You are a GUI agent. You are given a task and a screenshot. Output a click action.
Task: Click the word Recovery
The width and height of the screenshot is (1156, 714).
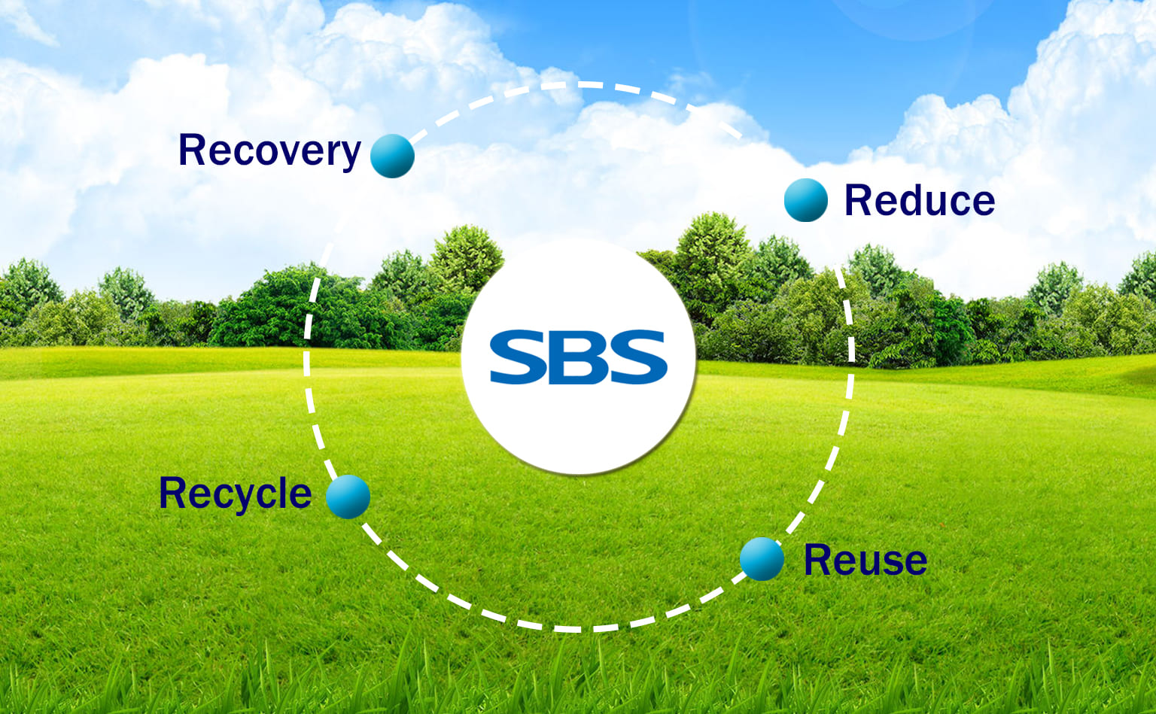coord(269,151)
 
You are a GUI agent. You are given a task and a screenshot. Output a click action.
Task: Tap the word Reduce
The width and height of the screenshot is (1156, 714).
coord(920,200)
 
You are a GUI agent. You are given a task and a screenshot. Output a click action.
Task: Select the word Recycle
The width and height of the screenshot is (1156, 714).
coord(236,494)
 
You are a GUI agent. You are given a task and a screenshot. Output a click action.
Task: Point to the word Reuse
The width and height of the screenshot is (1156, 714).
coord(865,559)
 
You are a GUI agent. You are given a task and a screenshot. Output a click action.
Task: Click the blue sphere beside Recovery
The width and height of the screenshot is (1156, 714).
coord(392,156)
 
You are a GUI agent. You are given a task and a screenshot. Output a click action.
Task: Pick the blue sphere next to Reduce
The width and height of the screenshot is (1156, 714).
coord(805,200)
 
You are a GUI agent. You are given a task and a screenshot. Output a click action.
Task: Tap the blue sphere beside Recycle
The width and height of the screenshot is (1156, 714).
coord(348,497)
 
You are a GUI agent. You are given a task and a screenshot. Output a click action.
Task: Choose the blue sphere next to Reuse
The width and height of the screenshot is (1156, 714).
coord(762,559)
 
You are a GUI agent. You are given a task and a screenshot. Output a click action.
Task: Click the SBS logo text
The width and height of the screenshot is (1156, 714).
coord(579,357)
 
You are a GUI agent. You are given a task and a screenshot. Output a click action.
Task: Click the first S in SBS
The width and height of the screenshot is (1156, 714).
coord(517,357)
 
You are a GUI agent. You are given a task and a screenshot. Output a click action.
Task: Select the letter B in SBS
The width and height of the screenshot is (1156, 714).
coord(578,357)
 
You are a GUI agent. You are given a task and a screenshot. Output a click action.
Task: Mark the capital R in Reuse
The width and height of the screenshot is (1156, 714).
coord(818,559)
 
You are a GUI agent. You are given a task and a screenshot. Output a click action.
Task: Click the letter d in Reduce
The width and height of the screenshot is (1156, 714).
coord(912,200)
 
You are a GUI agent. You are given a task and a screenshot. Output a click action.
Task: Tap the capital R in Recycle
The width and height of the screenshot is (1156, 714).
coord(173,492)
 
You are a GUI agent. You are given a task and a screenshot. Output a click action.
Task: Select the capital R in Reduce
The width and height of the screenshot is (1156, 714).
coord(858,200)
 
